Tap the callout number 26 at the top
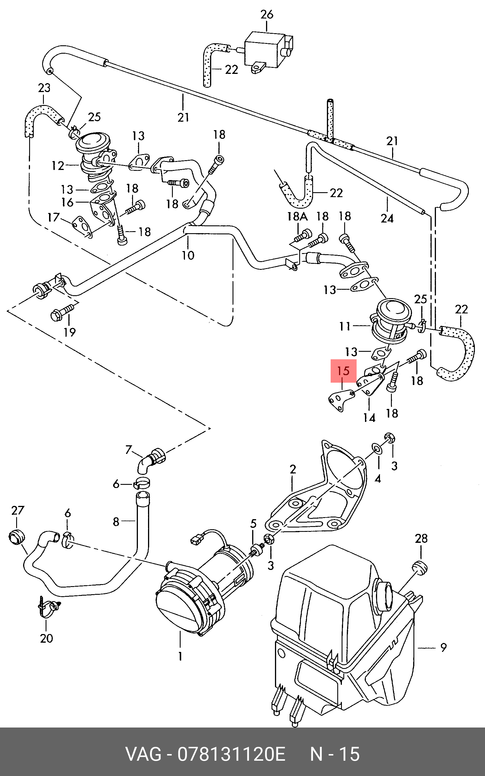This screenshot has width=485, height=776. point(267,14)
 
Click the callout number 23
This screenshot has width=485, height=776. point(44,88)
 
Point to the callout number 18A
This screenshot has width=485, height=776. point(297,216)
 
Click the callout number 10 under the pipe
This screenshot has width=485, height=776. point(188,255)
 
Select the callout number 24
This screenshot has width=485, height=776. point(387,218)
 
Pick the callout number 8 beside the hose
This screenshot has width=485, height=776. point(116,522)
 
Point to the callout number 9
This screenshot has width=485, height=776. point(443,647)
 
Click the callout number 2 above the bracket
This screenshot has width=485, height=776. point(293,469)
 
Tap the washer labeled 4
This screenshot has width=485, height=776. point(377,449)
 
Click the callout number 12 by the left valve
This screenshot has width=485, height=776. point(58,166)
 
